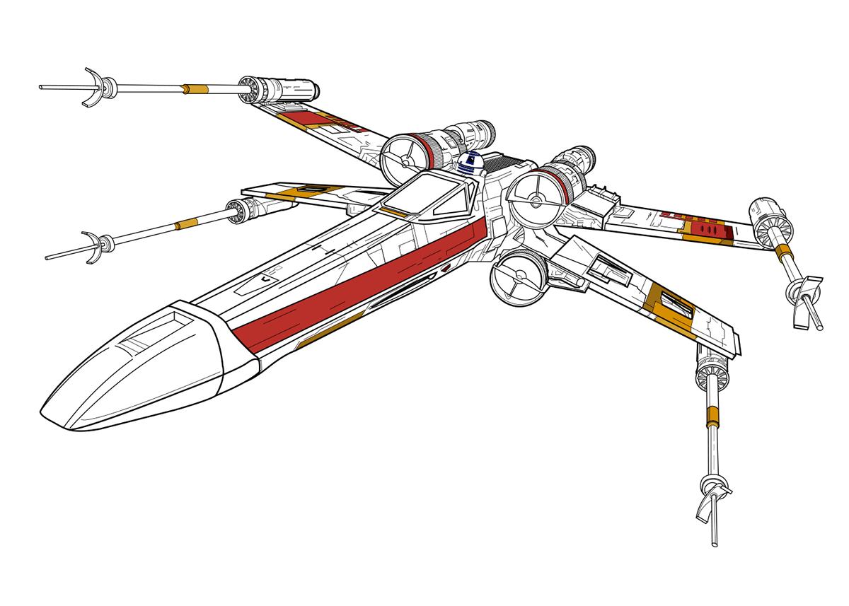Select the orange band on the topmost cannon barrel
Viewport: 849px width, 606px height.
[x=195, y=89]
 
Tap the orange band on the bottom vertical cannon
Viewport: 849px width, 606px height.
[x=712, y=416]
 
